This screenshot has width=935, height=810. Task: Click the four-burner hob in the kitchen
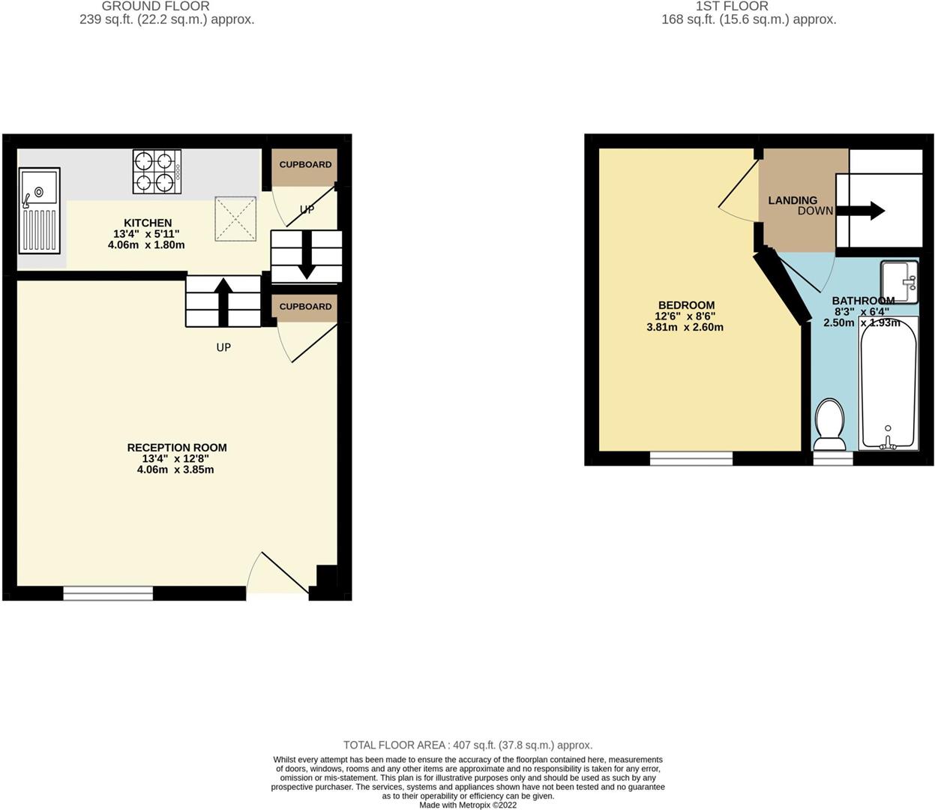[157, 172]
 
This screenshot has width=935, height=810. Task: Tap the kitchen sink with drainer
[40, 211]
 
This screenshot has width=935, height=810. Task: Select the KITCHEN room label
[148, 223]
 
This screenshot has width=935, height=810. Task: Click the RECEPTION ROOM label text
[177, 448]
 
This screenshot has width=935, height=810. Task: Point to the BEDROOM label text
[686, 305]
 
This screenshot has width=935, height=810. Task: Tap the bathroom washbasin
[899, 282]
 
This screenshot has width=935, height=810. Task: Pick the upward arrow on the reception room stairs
[223, 301]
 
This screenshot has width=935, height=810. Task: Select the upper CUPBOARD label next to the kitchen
[305, 165]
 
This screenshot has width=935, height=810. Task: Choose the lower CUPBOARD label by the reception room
[305, 307]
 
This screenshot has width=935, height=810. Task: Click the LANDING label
[793, 200]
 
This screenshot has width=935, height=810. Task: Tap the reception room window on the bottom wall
[108, 593]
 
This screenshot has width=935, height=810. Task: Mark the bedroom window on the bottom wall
[691, 458]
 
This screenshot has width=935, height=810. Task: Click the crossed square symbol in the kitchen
[235, 219]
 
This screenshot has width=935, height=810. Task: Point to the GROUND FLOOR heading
[155, 6]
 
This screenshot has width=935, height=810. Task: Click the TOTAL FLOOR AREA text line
[468, 745]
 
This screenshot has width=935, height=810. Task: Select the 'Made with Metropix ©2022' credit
[468, 805]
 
